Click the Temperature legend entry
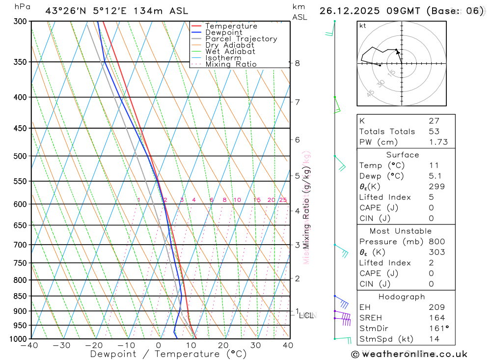pyautogui.click(x=231, y=26)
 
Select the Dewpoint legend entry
pyautogui.click(x=224, y=32)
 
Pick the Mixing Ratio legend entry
pyautogui.click(x=231, y=64)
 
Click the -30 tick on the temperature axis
pyautogui.click(x=62, y=345)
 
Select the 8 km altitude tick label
pyautogui.click(x=297, y=63)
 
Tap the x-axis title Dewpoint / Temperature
pyautogui.click(x=168, y=354)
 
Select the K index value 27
pyautogui.click(x=434, y=121)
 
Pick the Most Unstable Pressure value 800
pyautogui.click(x=436, y=242)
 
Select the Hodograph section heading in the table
pyautogui.click(x=402, y=297)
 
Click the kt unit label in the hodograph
pyautogui.click(x=362, y=26)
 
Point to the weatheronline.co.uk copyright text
pyautogui.click(x=409, y=354)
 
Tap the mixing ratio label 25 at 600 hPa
pyautogui.click(x=283, y=200)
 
